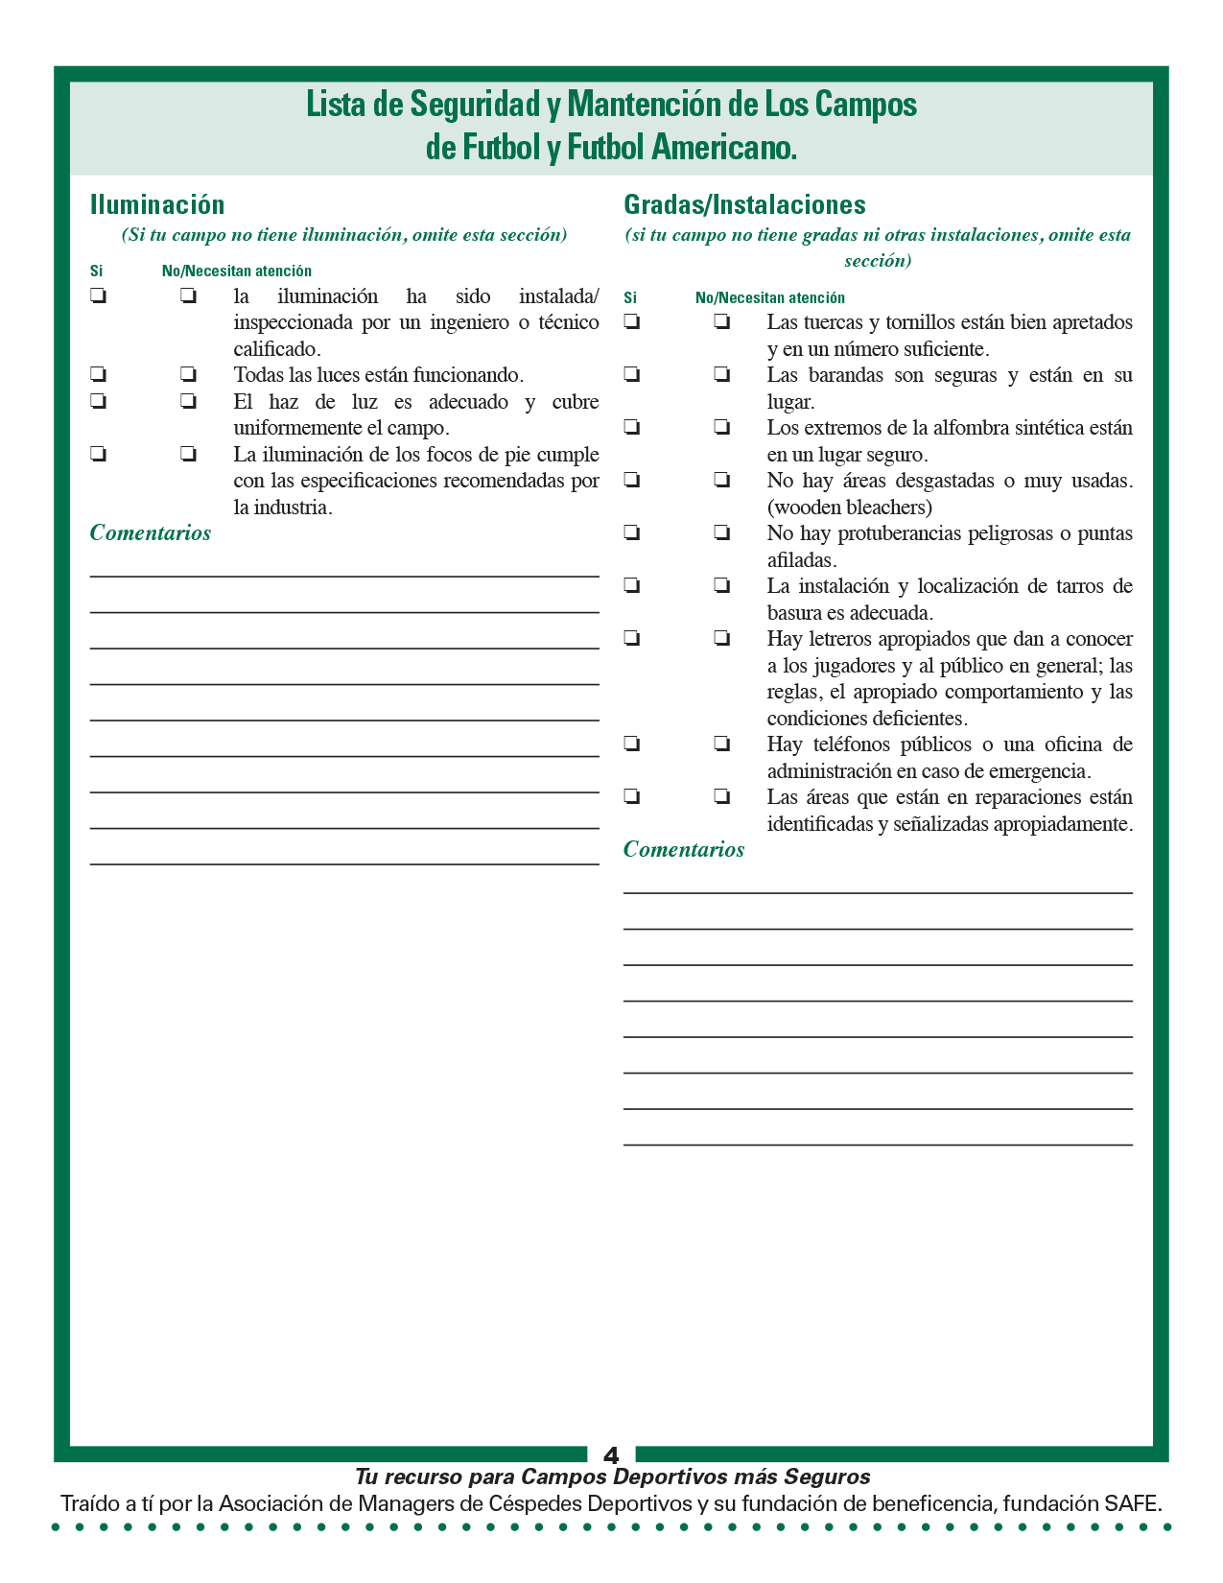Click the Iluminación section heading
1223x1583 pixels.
point(157,204)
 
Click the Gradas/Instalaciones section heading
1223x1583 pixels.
point(744,204)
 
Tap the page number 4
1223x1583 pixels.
point(611,1454)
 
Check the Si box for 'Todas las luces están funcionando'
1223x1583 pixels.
point(98,374)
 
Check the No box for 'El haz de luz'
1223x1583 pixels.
point(188,401)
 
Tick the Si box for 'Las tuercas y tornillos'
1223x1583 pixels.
point(631,321)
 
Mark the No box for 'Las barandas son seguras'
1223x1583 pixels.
point(721,374)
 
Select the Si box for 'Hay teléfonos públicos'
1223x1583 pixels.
point(631,744)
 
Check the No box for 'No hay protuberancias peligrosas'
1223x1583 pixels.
point(721,532)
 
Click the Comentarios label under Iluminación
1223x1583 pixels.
point(151,533)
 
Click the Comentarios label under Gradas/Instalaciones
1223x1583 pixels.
point(684,850)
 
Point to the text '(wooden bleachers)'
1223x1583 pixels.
point(850,508)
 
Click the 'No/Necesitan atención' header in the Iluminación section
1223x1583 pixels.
point(236,272)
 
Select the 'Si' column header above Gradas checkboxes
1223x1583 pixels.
point(630,298)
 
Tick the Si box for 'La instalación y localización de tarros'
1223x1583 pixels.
point(631,585)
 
